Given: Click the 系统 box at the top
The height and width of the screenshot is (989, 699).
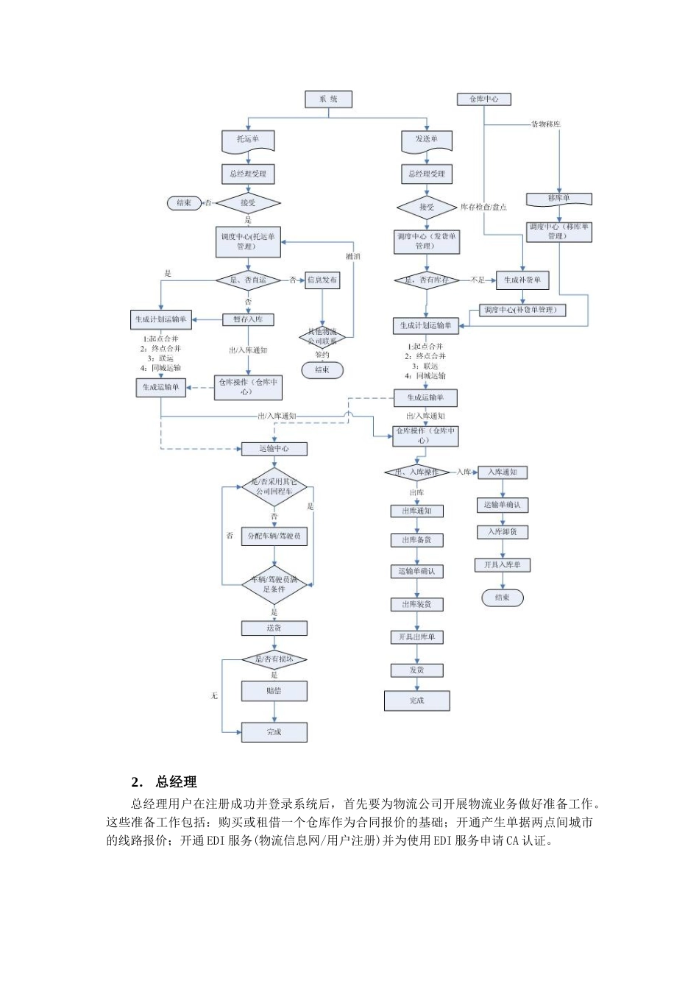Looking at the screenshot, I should point(328,99).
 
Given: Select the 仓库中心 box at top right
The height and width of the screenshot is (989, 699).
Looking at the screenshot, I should point(483,99).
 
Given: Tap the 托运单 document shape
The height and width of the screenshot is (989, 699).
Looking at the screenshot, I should point(248,139).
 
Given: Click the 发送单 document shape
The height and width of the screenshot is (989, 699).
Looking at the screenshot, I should point(427,139).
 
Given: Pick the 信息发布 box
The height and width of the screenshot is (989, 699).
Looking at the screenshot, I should point(322,280).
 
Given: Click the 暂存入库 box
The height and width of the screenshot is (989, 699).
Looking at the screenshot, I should point(248,319).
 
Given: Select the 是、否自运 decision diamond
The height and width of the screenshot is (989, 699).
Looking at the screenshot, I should point(248,280).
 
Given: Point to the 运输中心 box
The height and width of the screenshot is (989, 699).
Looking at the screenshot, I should point(274,448).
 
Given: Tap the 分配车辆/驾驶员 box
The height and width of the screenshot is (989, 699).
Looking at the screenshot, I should point(274,536).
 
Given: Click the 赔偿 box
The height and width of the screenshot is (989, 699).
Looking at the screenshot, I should point(274,691).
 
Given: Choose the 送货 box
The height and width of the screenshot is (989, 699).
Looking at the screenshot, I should point(274,628).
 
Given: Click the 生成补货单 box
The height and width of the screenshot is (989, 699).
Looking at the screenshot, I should point(522,280).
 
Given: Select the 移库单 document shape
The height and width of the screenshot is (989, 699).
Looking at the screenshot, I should point(559,199).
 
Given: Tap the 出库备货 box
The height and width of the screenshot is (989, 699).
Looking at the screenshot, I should point(416,540).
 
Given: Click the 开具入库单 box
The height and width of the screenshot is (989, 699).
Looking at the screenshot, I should point(503,565).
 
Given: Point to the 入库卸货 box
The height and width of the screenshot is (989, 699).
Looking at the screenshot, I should point(503,531).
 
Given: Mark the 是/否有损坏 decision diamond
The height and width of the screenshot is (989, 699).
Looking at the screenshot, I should point(274,659).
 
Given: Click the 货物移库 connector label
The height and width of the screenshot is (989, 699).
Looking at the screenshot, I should point(545,124).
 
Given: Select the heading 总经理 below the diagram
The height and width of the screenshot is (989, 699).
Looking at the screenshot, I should point(176,781).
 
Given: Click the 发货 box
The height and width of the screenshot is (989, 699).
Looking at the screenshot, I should point(416,670).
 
